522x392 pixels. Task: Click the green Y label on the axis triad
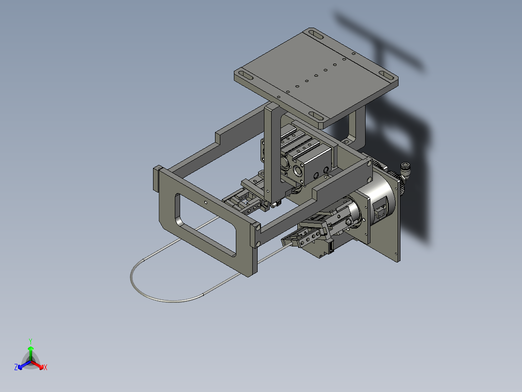coord(30,341)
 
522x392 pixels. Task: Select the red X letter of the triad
coord(46,368)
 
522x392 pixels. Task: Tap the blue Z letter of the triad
coord(16,368)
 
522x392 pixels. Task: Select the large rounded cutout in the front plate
coord(206,224)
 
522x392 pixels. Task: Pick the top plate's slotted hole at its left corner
coord(245,76)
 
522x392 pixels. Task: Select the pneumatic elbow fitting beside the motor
coord(404,171)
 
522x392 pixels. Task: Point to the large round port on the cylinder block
coord(296,172)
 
